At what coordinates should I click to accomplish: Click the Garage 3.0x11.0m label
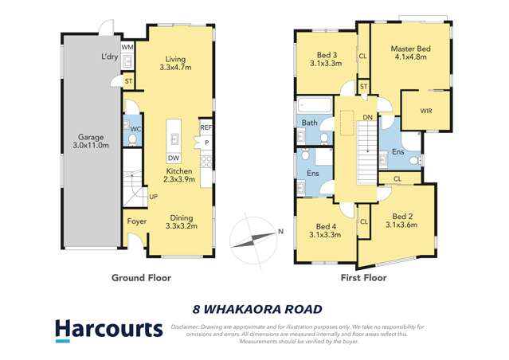click(90, 142)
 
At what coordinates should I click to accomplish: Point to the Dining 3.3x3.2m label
click(181, 221)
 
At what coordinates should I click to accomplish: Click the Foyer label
click(135, 221)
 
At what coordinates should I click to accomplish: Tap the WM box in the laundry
click(127, 48)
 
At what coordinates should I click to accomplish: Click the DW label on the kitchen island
click(173, 158)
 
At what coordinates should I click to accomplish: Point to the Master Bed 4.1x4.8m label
click(409, 53)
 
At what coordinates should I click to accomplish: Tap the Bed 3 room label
click(325, 58)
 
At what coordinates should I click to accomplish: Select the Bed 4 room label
click(325, 229)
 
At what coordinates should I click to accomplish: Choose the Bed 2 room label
click(409, 220)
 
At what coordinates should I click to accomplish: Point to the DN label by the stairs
click(367, 117)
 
